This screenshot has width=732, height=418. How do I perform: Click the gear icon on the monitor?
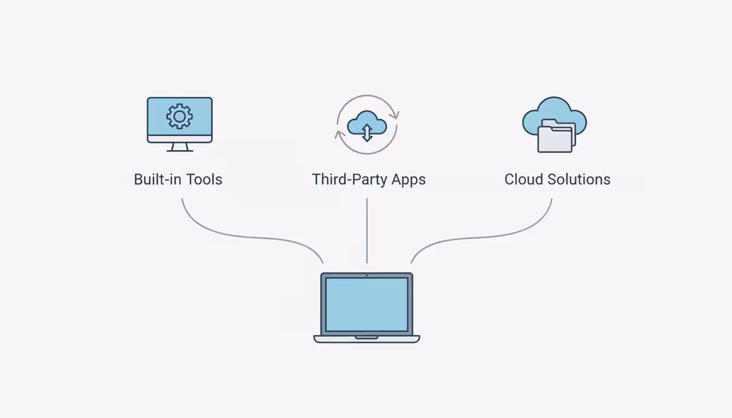tap(179, 116)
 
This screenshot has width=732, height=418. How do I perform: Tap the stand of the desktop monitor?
tap(179, 147)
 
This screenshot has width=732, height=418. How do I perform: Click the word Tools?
tap(204, 179)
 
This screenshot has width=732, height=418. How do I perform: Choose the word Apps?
tap(406, 180)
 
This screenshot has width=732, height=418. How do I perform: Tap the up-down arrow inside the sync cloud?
tap(367, 132)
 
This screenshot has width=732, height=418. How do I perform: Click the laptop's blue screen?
tap(367, 304)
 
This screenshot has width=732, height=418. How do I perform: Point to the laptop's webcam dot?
tap(367, 275)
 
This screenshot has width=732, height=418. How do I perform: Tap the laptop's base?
tap(367, 339)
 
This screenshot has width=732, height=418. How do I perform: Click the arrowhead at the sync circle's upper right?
tap(396, 114)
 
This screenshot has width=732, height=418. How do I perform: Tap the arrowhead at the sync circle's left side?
tap(339, 133)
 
